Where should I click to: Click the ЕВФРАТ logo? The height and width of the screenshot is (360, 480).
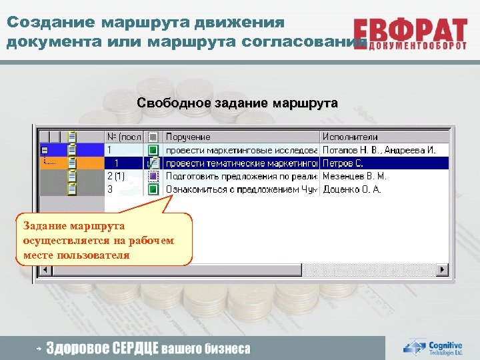[411, 35]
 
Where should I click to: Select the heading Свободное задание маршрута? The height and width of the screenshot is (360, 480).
[237, 103]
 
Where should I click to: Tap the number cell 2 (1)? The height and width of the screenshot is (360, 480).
[116, 177]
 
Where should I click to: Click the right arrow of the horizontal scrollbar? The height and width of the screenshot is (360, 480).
[442, 269]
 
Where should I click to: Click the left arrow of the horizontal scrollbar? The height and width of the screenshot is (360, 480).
[45, 269]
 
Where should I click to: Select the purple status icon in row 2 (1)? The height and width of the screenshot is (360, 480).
[153, 177]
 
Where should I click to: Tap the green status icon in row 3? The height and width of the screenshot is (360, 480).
[153, 189]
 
